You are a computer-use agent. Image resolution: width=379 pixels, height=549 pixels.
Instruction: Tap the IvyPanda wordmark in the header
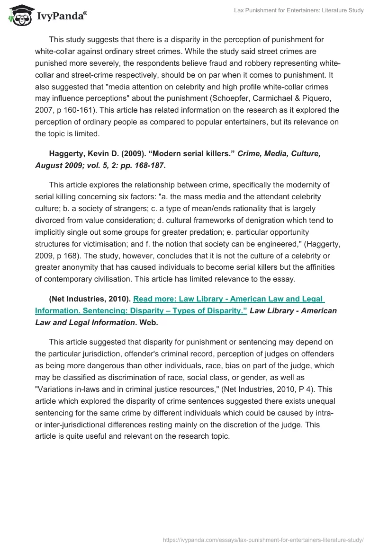coord(62,16)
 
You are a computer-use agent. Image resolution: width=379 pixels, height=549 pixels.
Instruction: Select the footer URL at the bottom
coord(263,540)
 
